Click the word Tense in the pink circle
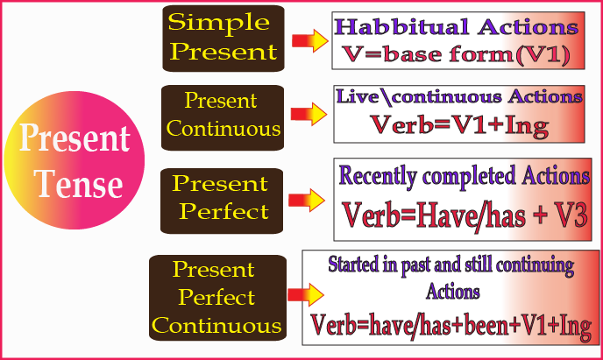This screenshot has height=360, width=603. (79, 184)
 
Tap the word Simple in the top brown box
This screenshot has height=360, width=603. (219, 23)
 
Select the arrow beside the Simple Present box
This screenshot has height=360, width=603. (310, 40)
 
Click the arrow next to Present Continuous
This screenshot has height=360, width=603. (309, 114)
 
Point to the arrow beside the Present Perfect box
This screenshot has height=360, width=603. (307, 201)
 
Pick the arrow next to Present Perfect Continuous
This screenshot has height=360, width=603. (306, 295)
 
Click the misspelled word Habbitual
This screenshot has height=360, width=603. (402, 27)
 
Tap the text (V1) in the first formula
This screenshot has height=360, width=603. (543, 54)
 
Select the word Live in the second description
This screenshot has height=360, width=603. (358, 96)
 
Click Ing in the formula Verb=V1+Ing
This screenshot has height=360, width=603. (527, 126)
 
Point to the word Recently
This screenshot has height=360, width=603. (378, 176)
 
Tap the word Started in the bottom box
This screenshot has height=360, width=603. (353, 264)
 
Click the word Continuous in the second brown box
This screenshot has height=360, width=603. (223, 129)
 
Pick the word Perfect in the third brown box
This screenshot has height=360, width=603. (223, 211)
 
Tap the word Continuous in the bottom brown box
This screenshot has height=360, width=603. (216, 326)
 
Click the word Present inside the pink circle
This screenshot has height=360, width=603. (75, 138)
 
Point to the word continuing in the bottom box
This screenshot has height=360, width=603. (535, 265)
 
